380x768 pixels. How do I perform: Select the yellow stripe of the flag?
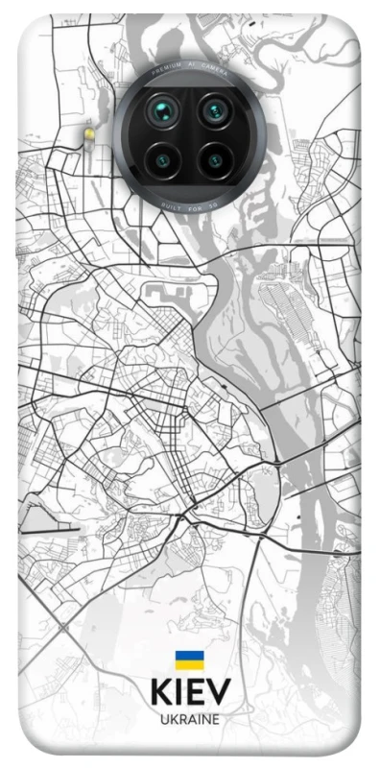click(189, 664)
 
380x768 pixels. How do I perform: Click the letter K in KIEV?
click(160, 693)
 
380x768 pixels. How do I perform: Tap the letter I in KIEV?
click(178, 693)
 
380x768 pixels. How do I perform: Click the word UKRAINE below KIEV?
click(189, 718)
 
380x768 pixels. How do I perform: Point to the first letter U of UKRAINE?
click(163, 718)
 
